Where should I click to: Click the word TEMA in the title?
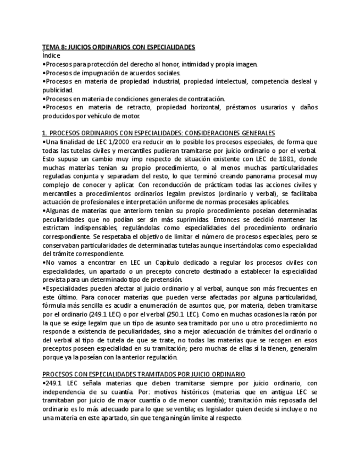(x=51, y=48)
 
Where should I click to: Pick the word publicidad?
(x=57, y=90)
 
